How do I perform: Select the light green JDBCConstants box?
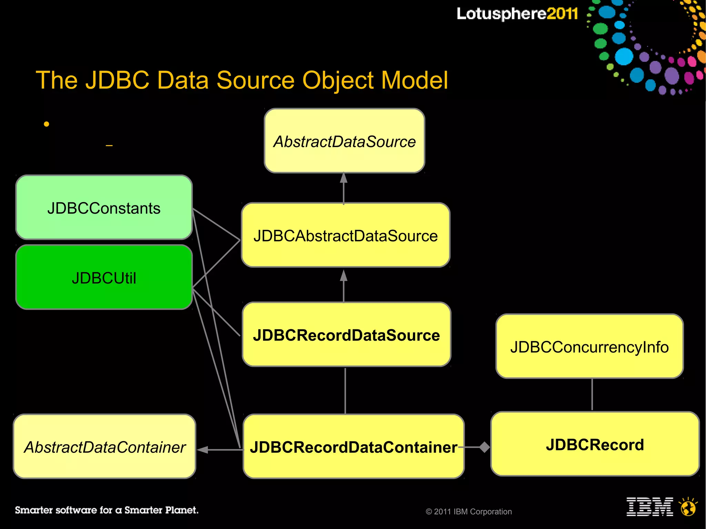click(104, 207)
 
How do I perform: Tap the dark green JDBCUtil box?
click(104, 277)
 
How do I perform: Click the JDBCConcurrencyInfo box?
click(589, 346)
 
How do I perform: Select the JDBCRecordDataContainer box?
click(353, 447)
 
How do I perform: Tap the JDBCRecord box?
click(595, 444)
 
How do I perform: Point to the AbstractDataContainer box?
click(104, 447)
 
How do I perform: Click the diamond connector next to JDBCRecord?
click(484, 447)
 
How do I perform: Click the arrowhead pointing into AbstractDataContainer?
click(202, 449)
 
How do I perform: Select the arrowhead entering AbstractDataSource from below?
click(343, 178)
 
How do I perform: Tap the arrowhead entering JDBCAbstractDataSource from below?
click(343, 275)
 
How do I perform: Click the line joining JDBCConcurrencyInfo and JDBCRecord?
click(592, 395)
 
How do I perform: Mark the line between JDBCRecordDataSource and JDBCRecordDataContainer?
click(345, 390)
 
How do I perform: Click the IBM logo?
click(649, 507)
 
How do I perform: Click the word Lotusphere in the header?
click(501, 14)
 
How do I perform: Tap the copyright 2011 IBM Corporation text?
click(468, 511)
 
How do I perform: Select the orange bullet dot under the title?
click(47, 124)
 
